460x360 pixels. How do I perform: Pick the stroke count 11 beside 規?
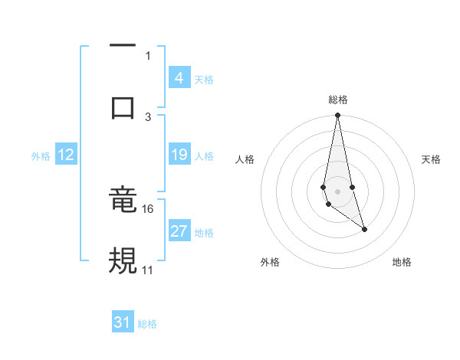148,270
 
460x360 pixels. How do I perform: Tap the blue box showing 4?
179,78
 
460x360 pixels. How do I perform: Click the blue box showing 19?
179,155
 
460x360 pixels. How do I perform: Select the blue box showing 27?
179,232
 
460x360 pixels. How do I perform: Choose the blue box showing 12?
66,155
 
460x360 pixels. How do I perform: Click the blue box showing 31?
123,322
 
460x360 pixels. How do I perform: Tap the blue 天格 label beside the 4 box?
204,79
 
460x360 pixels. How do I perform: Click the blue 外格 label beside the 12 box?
41,155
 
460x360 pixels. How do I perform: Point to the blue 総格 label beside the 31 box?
147,323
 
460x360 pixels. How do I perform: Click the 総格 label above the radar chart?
338,100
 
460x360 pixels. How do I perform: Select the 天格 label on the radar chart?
432,159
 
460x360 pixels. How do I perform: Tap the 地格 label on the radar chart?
402,262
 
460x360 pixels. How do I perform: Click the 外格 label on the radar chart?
270,262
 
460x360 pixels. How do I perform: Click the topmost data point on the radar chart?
337,116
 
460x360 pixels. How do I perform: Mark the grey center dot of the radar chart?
337,191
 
